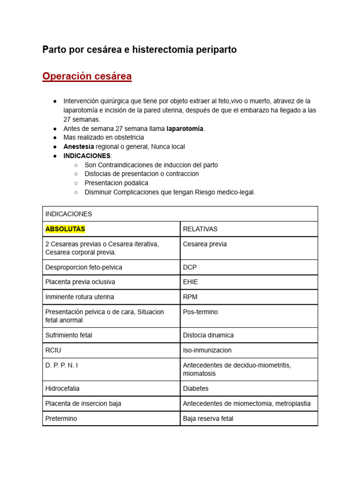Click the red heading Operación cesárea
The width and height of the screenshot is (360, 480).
(87, 76)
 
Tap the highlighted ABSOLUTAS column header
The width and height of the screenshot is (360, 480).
(65, 229)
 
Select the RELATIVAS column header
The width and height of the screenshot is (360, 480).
(200, 229)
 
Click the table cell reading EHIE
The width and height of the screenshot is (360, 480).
(190, 282)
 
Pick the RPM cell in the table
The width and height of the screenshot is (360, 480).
(190, 297)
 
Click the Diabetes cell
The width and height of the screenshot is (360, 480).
(195, 389)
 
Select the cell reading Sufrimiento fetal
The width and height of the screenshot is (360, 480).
(69, 335)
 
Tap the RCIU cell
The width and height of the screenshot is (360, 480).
(53, 350)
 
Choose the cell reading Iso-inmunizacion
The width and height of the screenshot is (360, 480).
(207, 350)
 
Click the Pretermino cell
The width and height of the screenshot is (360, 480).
(61, 419)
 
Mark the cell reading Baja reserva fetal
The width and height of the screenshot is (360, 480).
(208, 419)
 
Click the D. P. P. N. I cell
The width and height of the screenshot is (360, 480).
(62, 365)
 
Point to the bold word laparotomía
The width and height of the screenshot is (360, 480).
(185, 128)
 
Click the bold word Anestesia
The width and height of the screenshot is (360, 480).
(78, 147)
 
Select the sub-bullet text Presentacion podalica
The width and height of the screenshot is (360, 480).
(116, 183)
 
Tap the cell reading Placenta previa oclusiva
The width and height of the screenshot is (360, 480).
(80, 282)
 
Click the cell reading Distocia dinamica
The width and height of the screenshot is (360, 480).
(208, 335)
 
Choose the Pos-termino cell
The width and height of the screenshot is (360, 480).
(200, 312)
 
